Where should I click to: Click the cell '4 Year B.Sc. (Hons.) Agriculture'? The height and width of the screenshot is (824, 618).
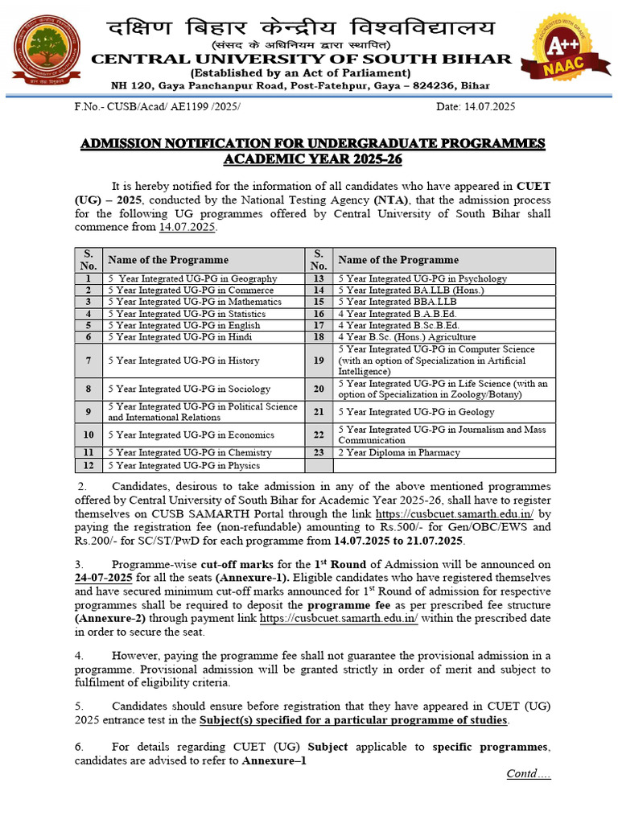[x=406, y=337]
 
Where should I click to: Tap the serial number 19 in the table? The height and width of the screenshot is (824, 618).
[x=319, y=360]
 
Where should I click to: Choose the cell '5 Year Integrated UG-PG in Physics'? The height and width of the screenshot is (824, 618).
[x=184, y=465]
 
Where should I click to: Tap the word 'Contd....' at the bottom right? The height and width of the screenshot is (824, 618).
[x=528, y=774]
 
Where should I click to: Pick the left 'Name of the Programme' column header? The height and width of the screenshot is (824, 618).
[x=168, y=260]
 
